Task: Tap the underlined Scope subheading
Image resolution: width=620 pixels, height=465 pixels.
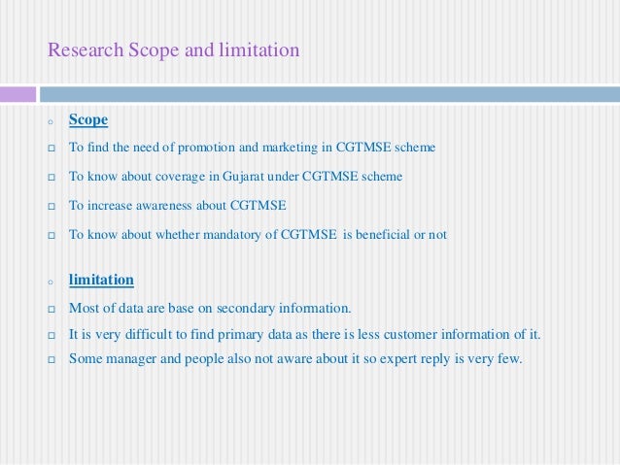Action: (x=88, y=120)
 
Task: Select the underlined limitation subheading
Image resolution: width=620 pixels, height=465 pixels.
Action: (x=101, y=280)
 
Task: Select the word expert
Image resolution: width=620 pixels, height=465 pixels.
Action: (x=395, y=358)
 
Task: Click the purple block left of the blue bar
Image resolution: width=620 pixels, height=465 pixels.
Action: (x=17, y=95)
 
